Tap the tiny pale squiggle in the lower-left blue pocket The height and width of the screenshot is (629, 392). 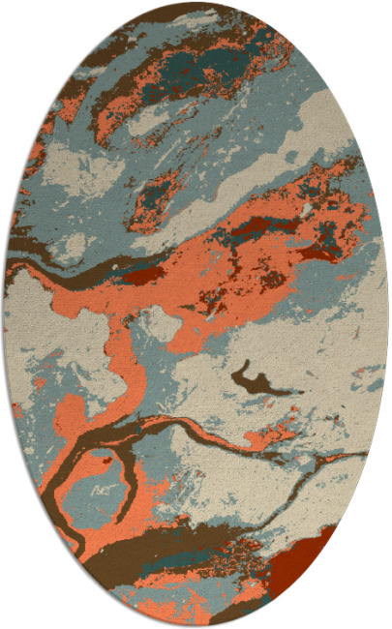point(100,493)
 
